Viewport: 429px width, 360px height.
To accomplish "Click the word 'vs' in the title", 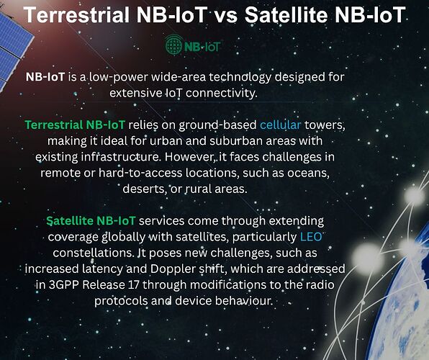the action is coord(225,15).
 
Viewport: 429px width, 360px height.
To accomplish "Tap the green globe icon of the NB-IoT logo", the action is coord(173,45).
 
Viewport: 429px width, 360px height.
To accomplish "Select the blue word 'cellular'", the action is coord(281,125).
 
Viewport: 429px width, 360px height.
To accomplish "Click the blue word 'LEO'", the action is coord(311,237).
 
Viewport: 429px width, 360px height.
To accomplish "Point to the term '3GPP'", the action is coord(64,284).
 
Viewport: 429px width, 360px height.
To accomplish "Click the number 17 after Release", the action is coord(133,284).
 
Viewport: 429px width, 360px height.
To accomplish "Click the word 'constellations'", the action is coord(92,253).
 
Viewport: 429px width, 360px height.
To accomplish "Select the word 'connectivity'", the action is coord(222,93).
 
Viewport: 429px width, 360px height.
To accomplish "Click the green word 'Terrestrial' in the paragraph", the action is coord(54,125).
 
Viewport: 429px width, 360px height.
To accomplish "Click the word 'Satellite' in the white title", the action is coord(286,15).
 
